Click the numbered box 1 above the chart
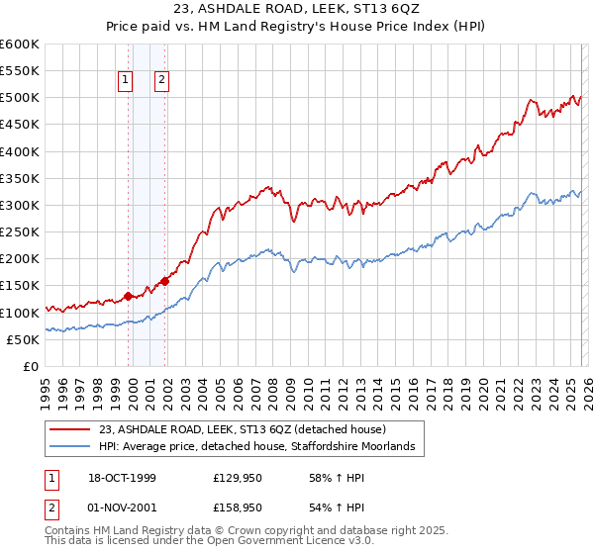click(127, 81)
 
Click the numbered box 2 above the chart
click(161, 81)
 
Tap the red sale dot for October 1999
click(129, 296)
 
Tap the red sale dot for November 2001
click(164, 281)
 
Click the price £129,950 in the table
click(237, 478)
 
